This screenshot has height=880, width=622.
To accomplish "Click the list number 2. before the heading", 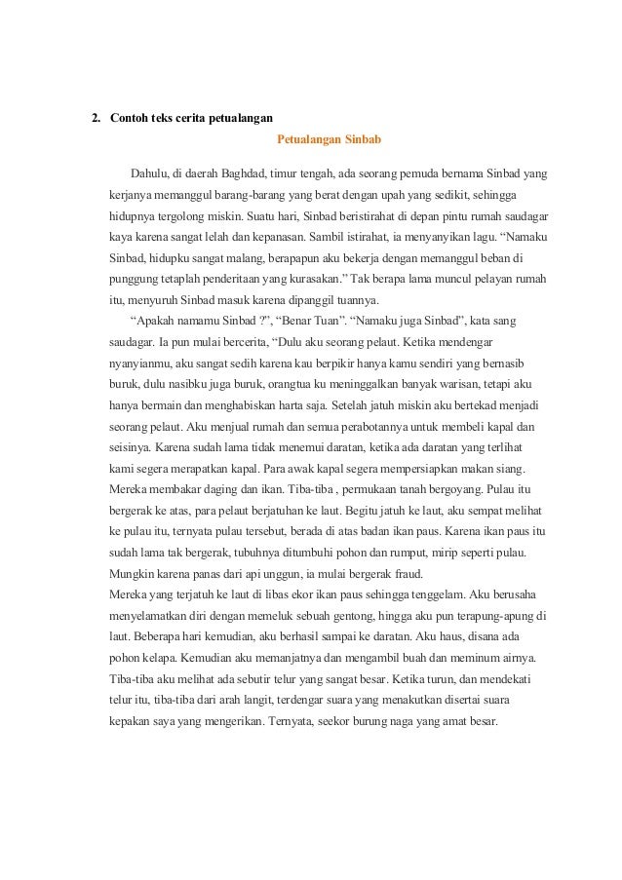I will pos(96,120).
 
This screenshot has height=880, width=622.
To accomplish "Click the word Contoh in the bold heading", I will pos(131,120).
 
